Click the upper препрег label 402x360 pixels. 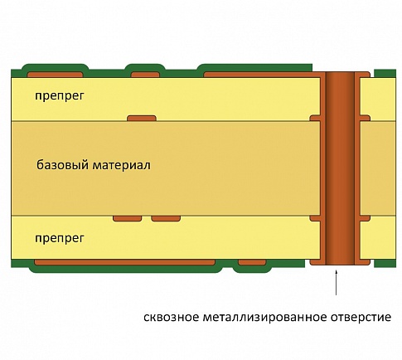point(59,96)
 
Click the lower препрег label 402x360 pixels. point(59,238)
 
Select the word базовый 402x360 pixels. point(63,165)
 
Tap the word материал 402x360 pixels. point(121,165)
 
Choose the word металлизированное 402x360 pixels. point(264,317)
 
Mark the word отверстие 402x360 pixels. point(361,317)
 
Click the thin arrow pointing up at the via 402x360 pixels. point(336,283)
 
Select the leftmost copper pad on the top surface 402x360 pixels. point(55,75)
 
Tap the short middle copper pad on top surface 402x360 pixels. point(145,75)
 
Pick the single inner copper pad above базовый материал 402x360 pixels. point(142,119)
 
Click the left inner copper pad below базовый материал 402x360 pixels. point(128,218)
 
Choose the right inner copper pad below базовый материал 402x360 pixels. point(166,218)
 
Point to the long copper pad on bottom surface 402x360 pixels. point(124,262)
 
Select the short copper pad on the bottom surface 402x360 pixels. point(252,262)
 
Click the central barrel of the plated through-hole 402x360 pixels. point(340,168)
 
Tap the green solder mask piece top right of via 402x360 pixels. point(385,74)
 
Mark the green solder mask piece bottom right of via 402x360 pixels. point(385,264)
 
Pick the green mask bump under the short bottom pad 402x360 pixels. point(252,269)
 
